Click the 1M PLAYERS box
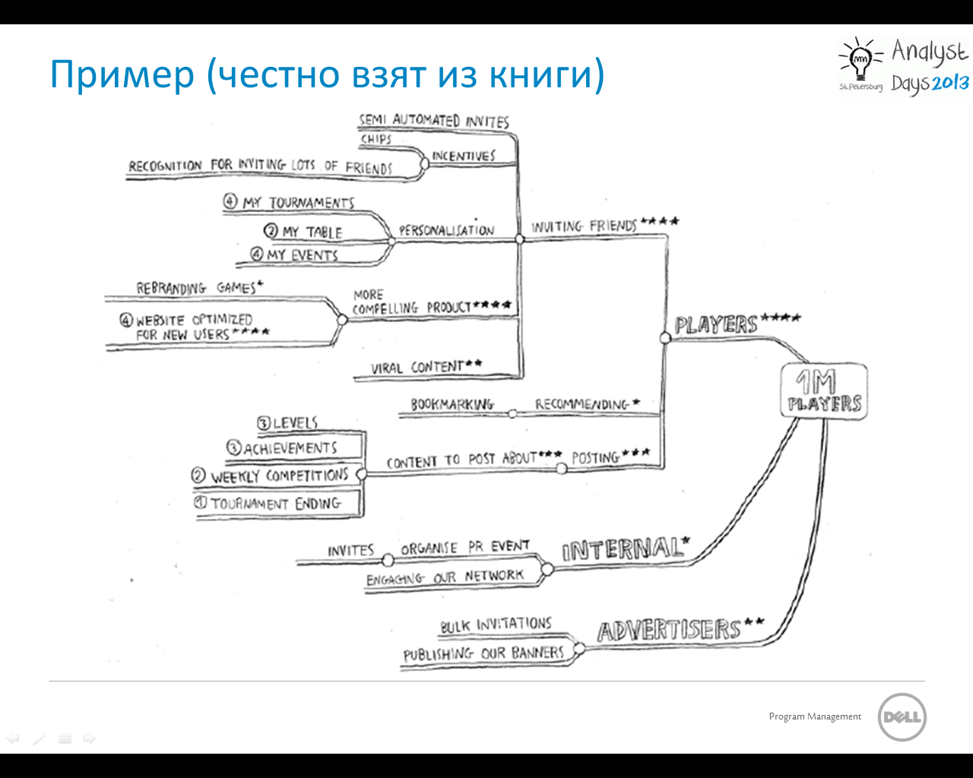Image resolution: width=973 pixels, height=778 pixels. [824, 391]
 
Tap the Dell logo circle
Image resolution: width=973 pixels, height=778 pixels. [902, 716]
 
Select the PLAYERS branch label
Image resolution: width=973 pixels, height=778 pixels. [716, 325]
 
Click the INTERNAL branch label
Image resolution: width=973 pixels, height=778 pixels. [622, 549]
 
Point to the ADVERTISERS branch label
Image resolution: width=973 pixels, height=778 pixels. [669, 630]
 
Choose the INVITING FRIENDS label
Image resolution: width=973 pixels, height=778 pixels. [584, 226]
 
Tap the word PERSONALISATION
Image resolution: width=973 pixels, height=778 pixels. [446, 230]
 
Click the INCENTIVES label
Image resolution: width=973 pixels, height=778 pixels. [463, 156]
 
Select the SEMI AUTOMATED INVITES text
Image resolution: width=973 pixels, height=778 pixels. [434, 120]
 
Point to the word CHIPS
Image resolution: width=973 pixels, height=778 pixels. [376, 139]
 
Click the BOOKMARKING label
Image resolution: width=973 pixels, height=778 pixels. [452, 404]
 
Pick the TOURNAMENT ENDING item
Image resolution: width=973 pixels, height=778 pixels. [276, 503]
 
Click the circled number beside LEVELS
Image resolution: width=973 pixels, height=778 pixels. [264, 423]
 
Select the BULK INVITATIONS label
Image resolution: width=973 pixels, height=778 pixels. [496, 625]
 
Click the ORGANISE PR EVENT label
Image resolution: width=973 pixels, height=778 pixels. [464, 547]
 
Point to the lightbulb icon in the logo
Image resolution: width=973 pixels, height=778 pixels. [860, 59]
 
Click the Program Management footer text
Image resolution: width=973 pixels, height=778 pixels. [815, 716]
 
